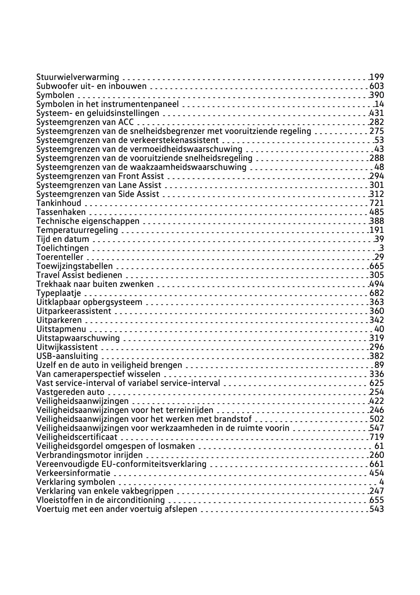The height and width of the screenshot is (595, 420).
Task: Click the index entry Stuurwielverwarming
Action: pos(78,77)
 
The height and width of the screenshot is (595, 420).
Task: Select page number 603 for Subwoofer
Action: pos(377,86)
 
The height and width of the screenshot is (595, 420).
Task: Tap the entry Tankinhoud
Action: pos(59,203)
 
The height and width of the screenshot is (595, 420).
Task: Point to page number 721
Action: pos(377,203)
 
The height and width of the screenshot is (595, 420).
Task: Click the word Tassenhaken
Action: pos(61,212)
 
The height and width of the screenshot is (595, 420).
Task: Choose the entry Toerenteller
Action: pos(60,257)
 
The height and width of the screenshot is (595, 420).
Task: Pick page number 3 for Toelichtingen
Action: pos(381,248)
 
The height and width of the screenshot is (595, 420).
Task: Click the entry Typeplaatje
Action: pos(59,293)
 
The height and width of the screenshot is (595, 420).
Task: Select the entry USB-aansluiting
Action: pos(67,356)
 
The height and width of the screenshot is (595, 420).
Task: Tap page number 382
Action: pos(377,356)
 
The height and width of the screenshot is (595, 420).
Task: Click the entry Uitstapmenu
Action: pos(61,329)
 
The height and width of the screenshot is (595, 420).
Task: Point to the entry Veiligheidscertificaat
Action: pos(77,437)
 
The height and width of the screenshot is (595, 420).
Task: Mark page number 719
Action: pos(377,437)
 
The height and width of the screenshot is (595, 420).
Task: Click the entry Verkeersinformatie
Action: pos(74,473)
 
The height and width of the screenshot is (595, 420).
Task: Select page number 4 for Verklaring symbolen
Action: pos(381,482)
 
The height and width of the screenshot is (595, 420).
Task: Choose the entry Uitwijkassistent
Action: pos(67,347)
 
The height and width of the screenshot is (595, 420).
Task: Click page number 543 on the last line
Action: pos(377,509)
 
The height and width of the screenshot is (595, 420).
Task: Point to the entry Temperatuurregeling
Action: pos(77,230)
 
